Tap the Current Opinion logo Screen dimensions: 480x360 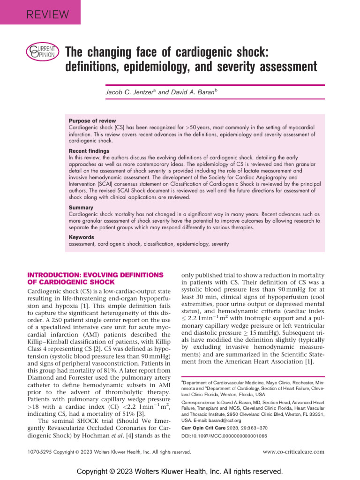[x=42, y=51]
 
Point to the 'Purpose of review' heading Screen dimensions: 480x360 [x=92, y=121]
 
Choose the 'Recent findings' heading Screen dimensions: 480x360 [x=89, y=151]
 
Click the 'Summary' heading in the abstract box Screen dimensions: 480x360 [x=81, y=208]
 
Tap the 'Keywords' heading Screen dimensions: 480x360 [x=82, y=238]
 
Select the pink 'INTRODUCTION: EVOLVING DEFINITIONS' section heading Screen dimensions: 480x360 [x=96, y=275]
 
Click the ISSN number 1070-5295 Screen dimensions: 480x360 [x=40, y=452]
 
